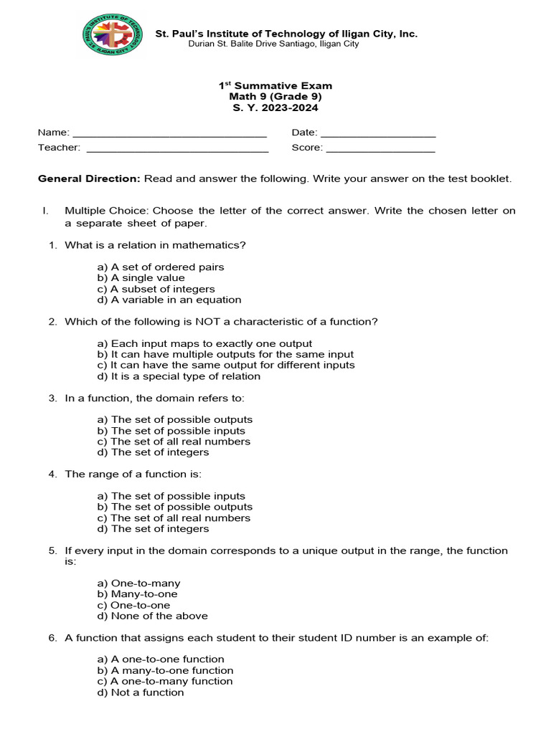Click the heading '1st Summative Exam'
coord(275,85)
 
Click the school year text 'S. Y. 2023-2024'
coord(275,108)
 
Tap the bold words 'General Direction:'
coord(89,178)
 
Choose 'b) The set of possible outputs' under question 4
coord(174,507)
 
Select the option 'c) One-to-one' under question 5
coord(133,605)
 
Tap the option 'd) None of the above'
coord(152,616)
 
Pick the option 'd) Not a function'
coord(141,692)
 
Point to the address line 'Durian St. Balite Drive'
coord(273,44)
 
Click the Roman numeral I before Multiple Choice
coord(44,211)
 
